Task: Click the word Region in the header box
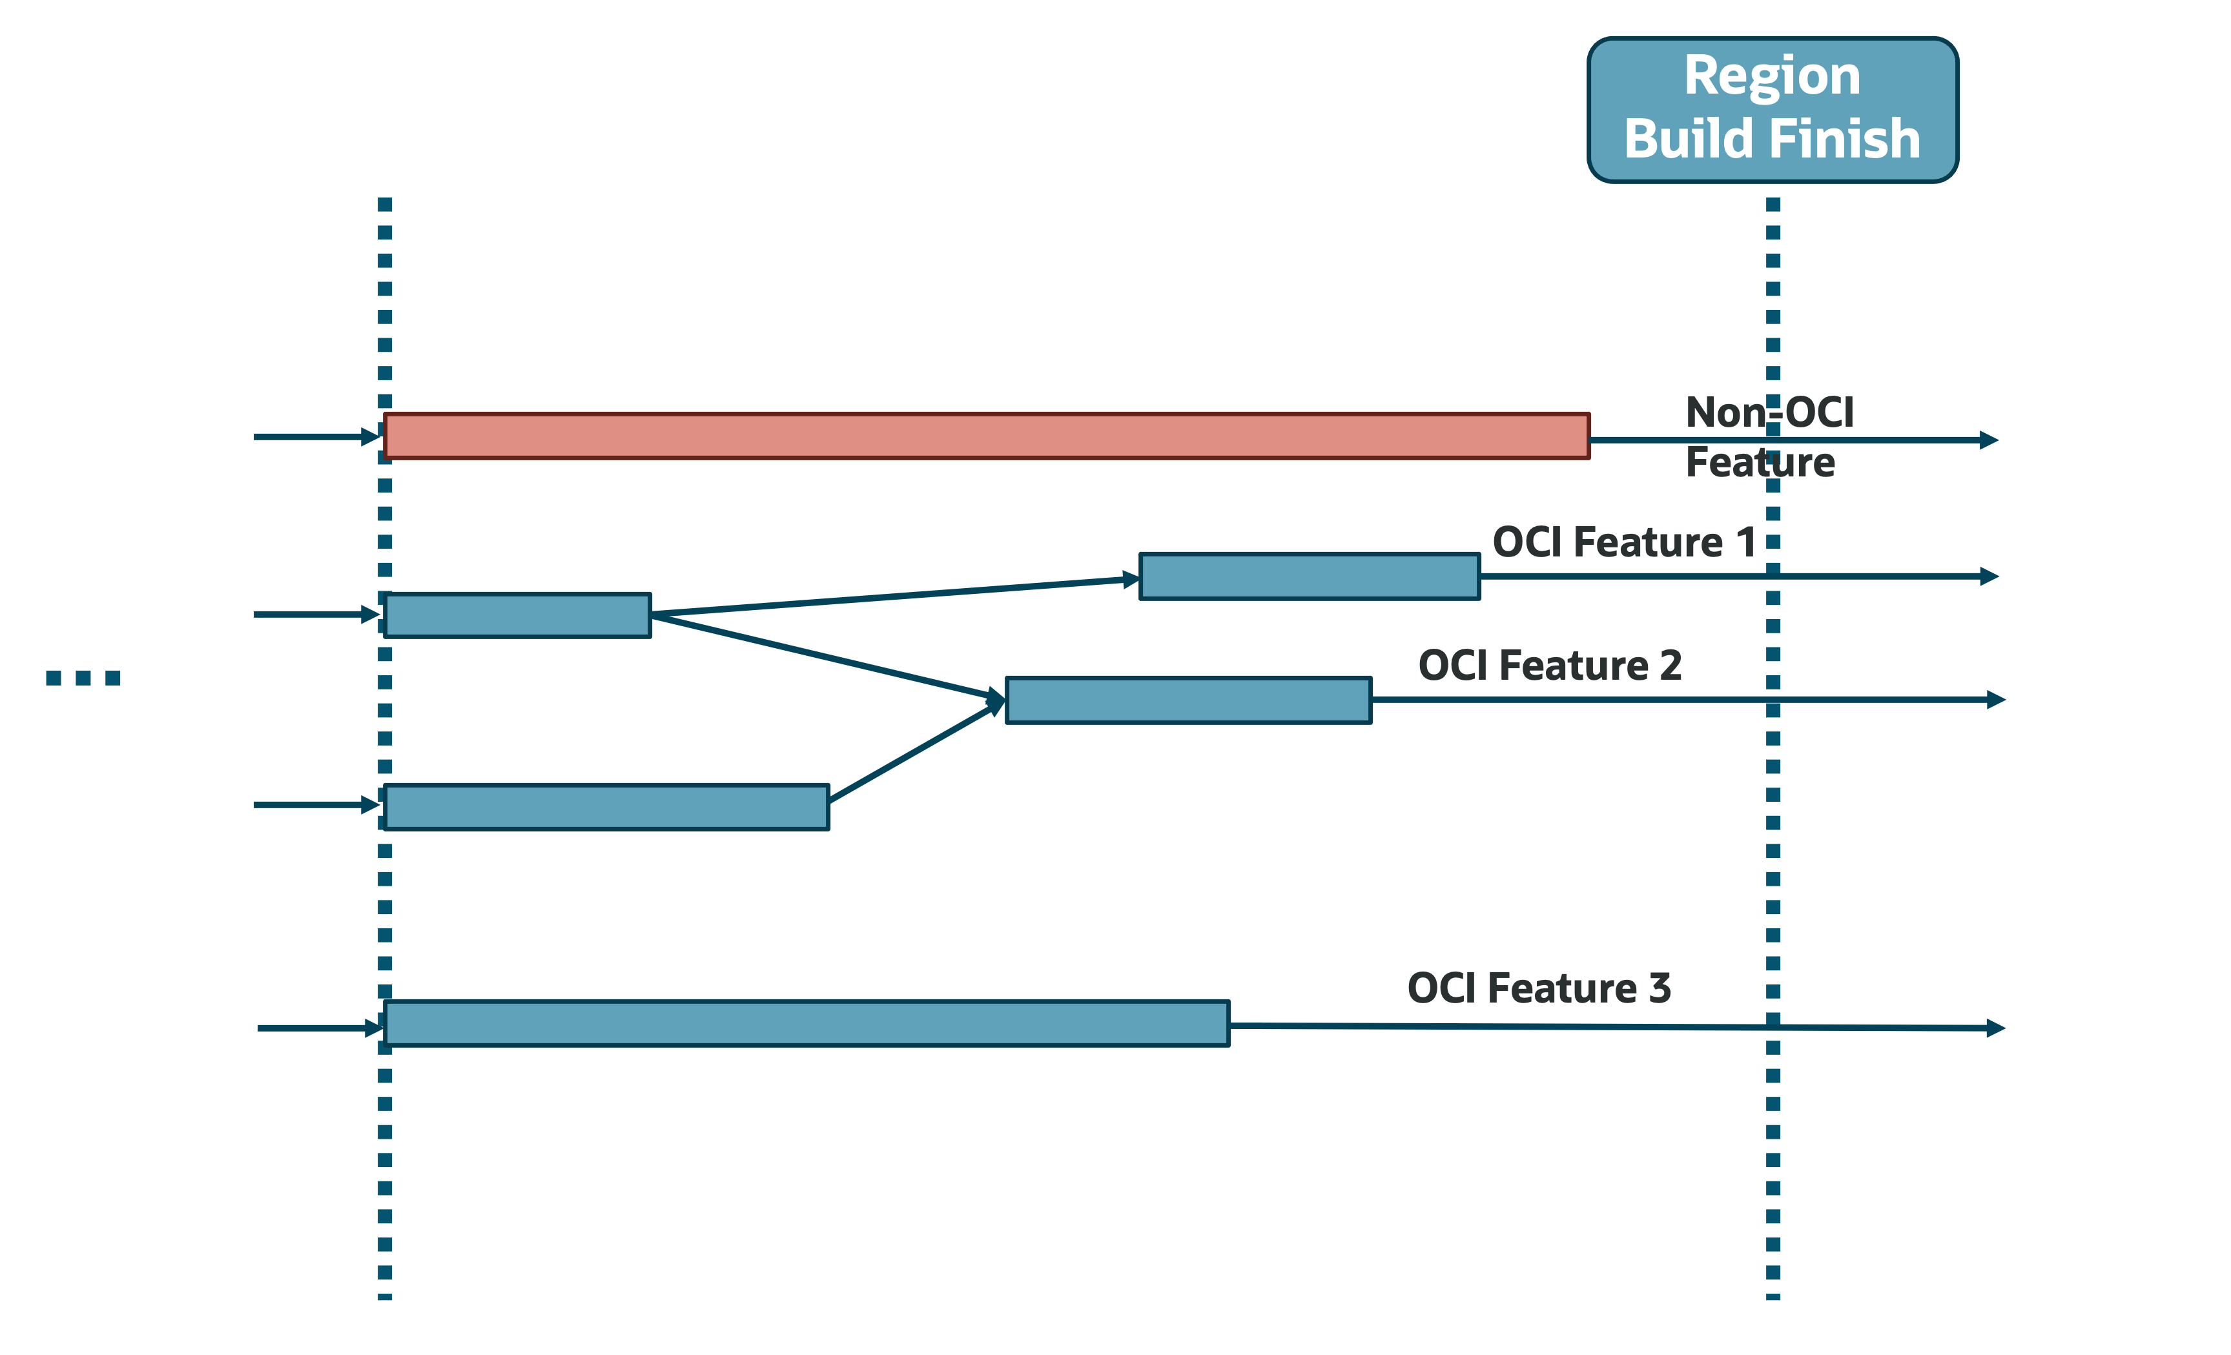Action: pos(1772,76)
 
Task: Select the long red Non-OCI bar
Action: pos(986,436)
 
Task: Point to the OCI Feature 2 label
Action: pos(1549,666)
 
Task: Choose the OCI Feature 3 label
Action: pos(1538,988)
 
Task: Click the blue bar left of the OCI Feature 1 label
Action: pos(1310,576)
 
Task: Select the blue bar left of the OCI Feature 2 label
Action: pos(1188,700)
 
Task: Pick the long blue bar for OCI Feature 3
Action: pos(806,1024)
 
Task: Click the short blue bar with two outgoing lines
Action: pos(517,615)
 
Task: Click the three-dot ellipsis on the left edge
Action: pos(83,678)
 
